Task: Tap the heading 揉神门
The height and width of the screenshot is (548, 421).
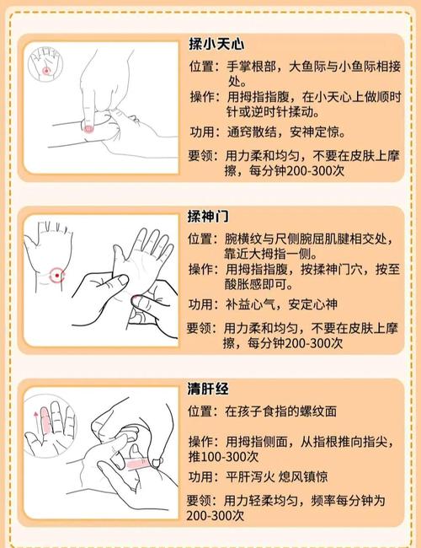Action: (x=209, y=217)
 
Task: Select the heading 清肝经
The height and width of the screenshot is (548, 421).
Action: (x=209, y=389)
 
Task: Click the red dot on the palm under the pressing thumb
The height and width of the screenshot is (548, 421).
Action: (x=88, y=129)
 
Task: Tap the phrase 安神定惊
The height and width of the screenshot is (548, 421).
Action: (x=317, y=132)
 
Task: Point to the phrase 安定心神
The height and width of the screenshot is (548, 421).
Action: (x=317, y=305)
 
